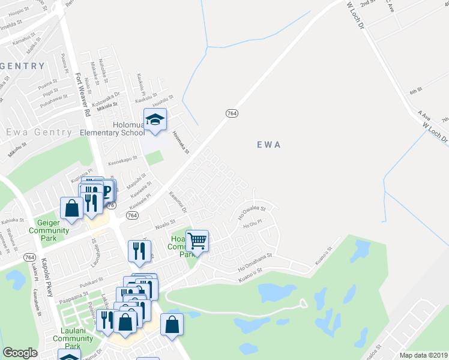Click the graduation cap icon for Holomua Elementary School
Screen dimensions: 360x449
point(155,119)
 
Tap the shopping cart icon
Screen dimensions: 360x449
point(197,241)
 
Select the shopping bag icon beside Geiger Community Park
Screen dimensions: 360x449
point(71,209)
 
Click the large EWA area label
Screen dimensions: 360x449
point(269,145)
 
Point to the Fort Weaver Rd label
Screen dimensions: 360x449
point(82,95)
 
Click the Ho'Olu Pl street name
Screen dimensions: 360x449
point(253,226)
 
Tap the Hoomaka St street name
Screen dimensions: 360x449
point(180,143)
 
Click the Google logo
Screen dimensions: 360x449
point(20,353)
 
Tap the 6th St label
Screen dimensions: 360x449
point(417,92)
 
